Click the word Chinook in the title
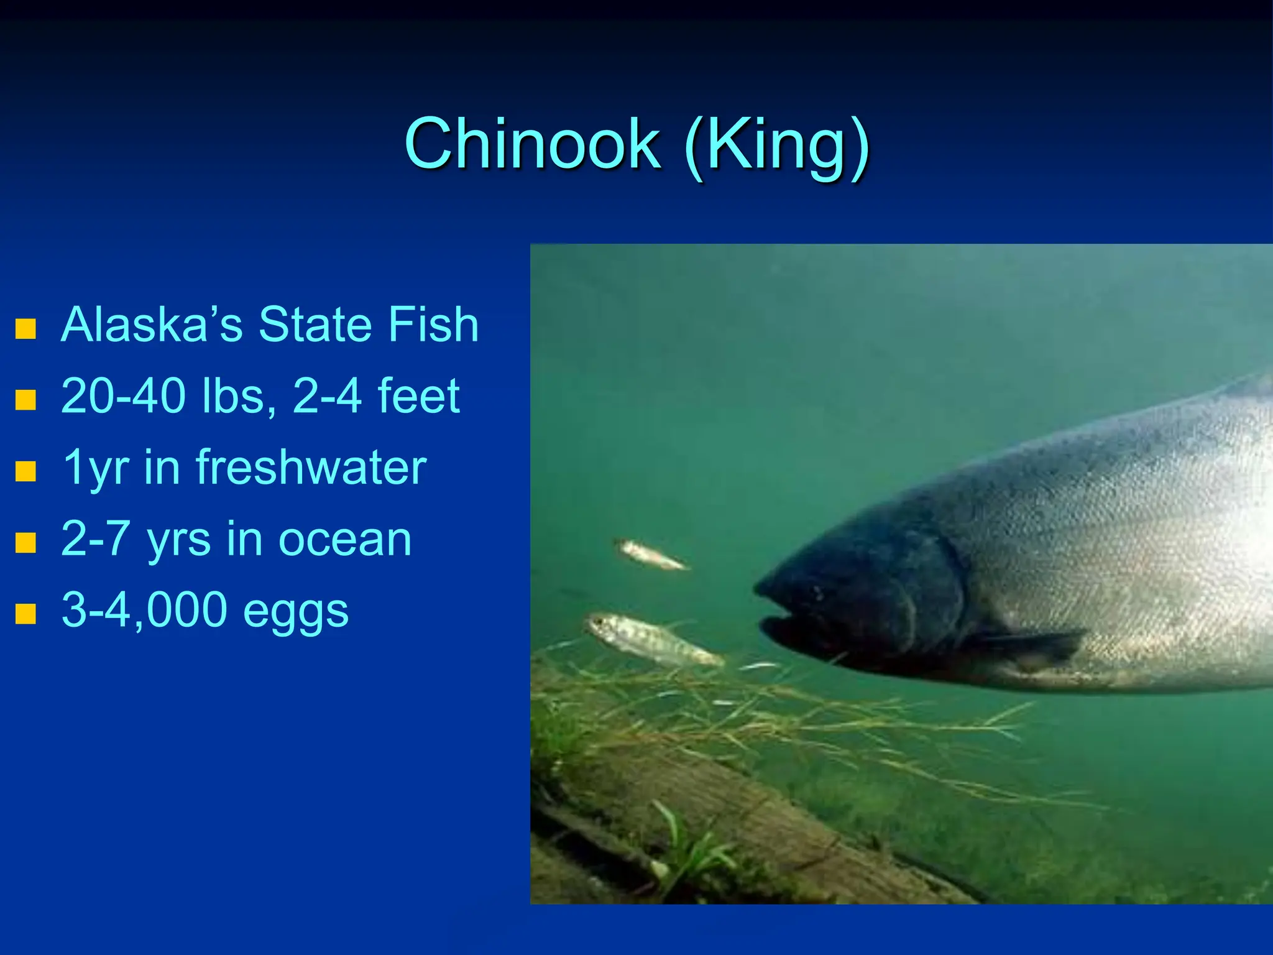point(532,144)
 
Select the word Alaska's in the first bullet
point(152,325)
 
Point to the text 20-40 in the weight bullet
point(123,396)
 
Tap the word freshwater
point(311,467)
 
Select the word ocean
point(344,539)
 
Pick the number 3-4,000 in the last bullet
point(144,611)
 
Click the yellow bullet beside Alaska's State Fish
point(25,329)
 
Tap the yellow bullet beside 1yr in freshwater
point(25,471)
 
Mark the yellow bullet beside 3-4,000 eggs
point(25,614)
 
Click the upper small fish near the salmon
point(651,554)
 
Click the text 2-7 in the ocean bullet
point(96,539)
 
